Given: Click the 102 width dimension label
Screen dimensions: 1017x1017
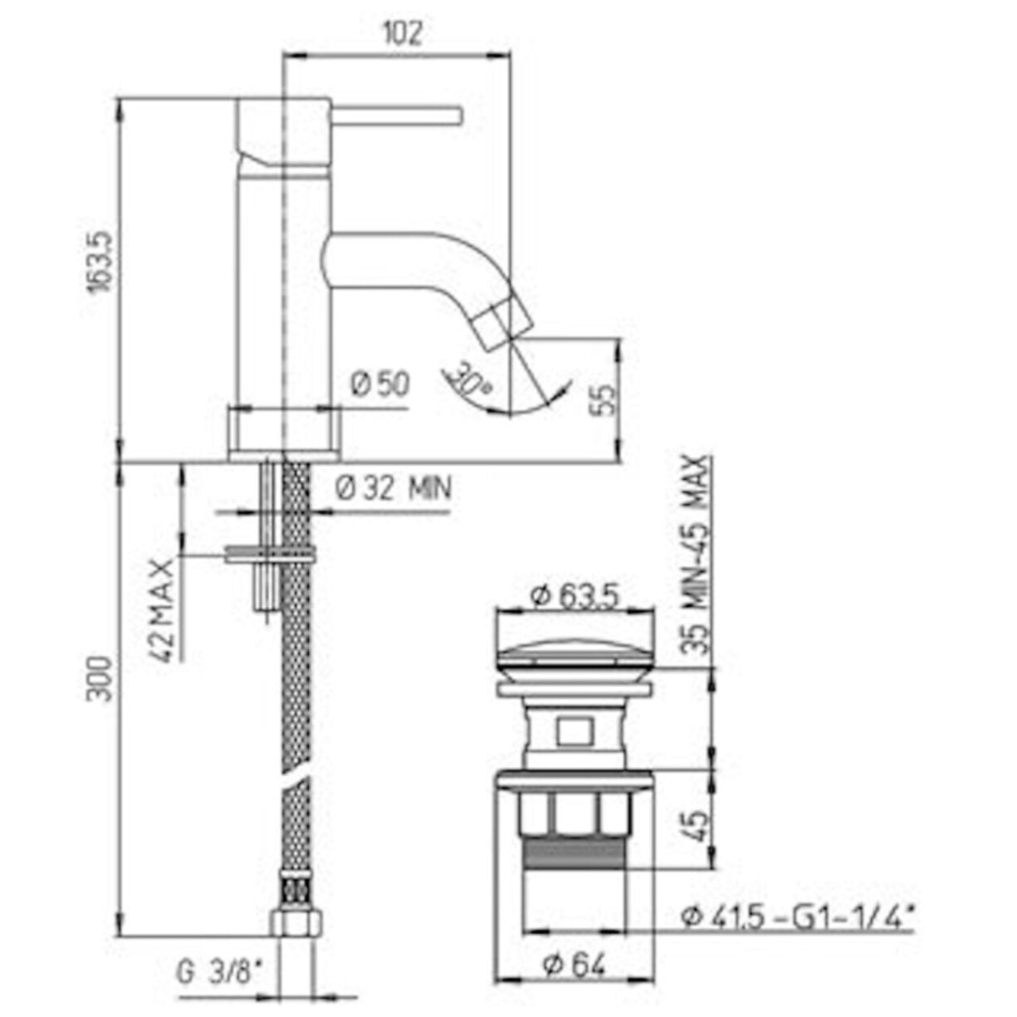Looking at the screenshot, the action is [x=402, y=34].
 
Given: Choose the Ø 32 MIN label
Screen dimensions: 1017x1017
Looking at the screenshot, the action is [x=394, y=488].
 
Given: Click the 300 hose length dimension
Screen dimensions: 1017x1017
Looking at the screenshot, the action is [x=101, y=679].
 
